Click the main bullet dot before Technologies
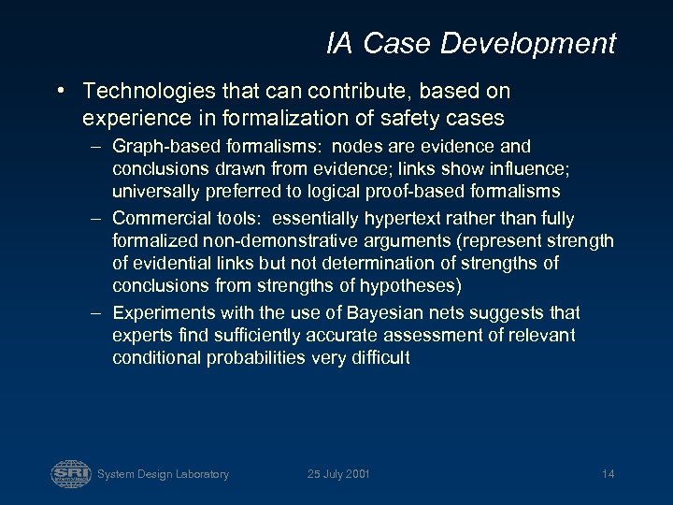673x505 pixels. [60, 91]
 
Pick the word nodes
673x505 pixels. [358, 146]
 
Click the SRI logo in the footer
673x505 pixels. [71, 473]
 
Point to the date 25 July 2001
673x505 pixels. [338, 474]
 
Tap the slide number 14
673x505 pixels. [608, 474]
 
